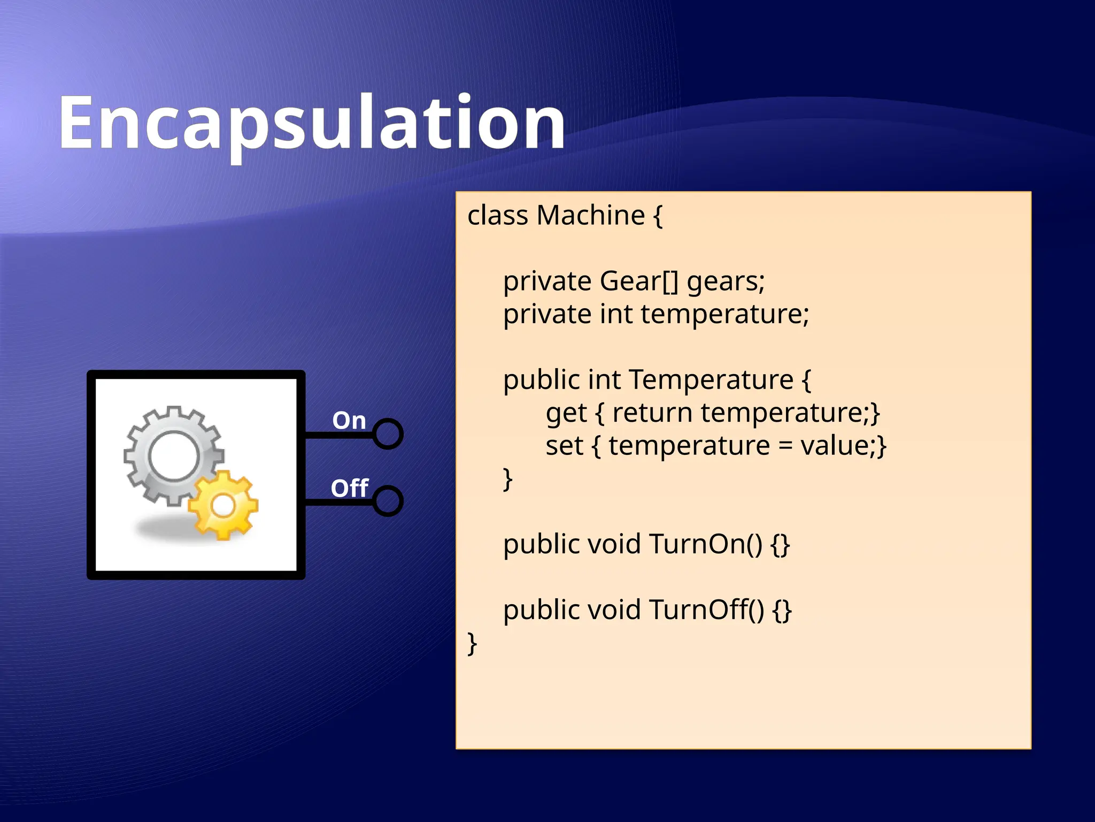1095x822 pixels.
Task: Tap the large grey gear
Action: tap(174, 455)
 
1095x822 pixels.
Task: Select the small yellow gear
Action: tap(223, 505)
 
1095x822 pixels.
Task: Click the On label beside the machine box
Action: tap(349, 421)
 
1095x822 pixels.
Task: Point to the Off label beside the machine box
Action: tap(349, 488)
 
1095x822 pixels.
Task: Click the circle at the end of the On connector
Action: tap(388, 433)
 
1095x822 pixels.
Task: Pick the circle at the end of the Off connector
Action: tap(388, 501)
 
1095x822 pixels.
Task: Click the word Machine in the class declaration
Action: tap(590, 215)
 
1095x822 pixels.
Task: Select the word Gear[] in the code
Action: tap(639, 281)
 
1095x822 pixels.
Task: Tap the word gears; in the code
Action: tap(726, 282)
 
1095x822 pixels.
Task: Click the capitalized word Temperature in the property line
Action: tap(711, 380)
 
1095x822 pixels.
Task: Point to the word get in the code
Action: tap(566, 414)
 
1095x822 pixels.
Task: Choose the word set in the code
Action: tap(564, 446)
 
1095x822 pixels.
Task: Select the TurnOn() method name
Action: tap(706, 544)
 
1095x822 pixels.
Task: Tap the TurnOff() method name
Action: tap(707, 610)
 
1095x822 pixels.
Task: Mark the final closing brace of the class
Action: tap(472, 643)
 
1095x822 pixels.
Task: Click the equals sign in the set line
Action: tap(785, 446)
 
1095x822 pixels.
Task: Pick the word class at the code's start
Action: tap(498, 215)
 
